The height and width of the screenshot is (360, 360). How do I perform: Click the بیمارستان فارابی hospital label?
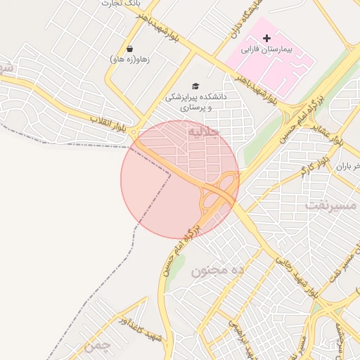265,50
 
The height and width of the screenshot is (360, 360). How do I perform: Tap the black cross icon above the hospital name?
266,37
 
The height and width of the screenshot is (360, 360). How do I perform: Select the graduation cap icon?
195,86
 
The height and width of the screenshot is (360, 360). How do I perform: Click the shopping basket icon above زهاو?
130,49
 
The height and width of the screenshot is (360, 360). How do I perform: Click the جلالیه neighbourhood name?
205,131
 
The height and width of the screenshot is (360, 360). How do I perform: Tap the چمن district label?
97,346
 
